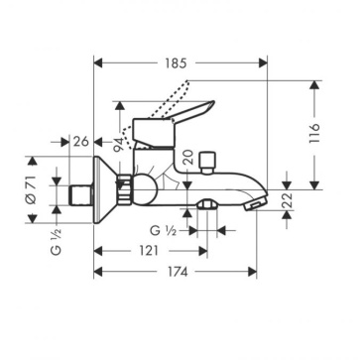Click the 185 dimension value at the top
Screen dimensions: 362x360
pyautogui.click(x=177, y=62)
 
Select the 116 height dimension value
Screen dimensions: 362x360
pyautogui.click(x=314, y=133)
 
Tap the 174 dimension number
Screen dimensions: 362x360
pyautogui.click(x=177, y=272)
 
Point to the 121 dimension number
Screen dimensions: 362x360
pyautogui.click(x=149, y=251)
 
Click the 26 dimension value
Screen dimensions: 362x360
pyautogui.click(x=81, y=142)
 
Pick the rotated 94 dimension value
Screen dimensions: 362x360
pyautogui.click(x=118, y=144)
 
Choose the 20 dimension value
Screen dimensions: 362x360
pyautogui.click(x=188, y=157)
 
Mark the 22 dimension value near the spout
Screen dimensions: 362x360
pyautogui.click(x=287, y=199)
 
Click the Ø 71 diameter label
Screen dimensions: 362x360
pyautogui.click(x=31, y=189)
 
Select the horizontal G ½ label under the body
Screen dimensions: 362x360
pyautogui.click(x=163, y=230)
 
